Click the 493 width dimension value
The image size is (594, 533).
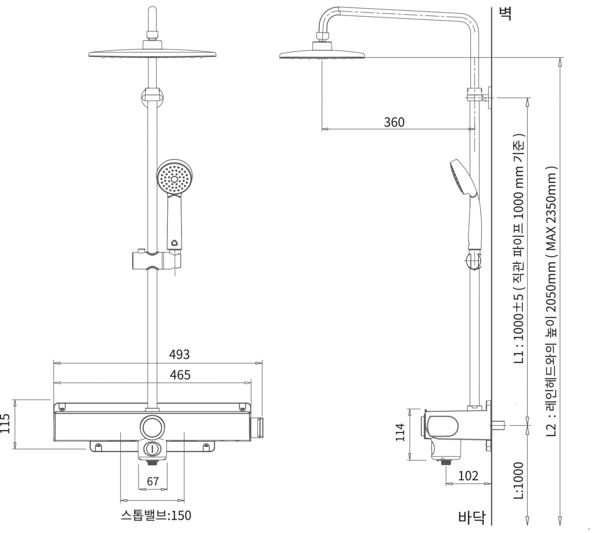click(x=179, y=354)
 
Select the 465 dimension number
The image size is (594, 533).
click(x=180, y=375)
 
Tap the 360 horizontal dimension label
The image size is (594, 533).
click(x=394, y=122)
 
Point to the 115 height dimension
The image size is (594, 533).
click(x=6, y=425)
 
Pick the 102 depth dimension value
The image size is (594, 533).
click(x=468, y=476)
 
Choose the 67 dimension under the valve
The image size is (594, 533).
click(x=153, y=481)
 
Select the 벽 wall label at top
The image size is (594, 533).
click(x=505, y=14)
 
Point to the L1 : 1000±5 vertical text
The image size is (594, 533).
click(x=519, y=249)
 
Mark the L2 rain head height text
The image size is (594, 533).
click(x=551, y=302)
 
